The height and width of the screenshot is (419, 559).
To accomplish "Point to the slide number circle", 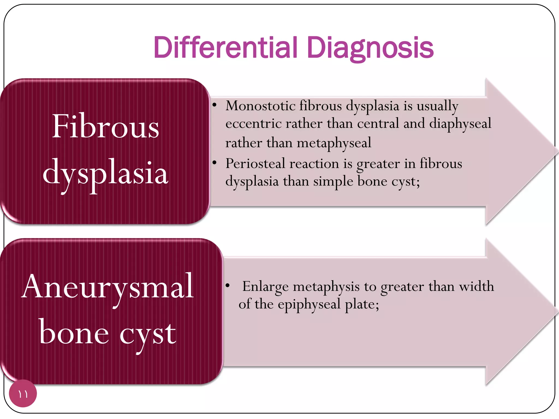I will point(23,393).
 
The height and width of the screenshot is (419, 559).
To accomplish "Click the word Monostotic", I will point(260,106).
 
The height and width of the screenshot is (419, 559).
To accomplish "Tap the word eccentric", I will point(253,124).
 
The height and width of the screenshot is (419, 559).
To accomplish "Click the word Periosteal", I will point(255,164).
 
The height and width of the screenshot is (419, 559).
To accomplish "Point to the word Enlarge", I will point(265,287).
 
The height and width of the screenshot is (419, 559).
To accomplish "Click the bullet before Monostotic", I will point(215,105).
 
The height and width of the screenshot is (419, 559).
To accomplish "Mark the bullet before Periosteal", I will point(215,163).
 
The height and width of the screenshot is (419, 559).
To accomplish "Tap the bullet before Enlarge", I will point(227,286).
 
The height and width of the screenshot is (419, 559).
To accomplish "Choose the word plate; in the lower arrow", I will point(362,304).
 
